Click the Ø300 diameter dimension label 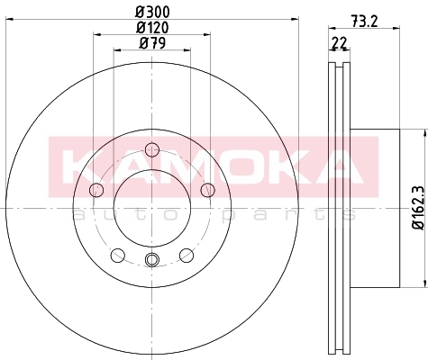pos(152,12)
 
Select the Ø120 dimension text pos(152,28)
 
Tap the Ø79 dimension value pos(152,43)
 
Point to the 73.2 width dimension pos(364,22)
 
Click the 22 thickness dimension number pos(339,42)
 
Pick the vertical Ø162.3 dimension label pos(418,208)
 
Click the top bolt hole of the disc pos(152,149)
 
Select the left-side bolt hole pos(96,190)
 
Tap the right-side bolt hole pos(208,190)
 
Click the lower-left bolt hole pos(118,255)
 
